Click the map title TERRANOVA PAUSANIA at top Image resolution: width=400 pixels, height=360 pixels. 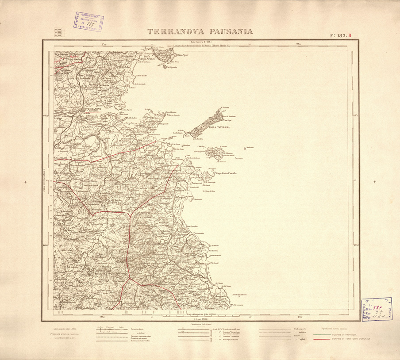point(200,31)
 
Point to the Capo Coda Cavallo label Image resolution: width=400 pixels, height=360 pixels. point(226,173)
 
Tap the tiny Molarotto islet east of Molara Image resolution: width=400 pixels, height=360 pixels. point(246,148)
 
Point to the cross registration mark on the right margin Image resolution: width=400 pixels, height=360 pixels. point(375,182)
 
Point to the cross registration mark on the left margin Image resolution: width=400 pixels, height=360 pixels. point(25,182)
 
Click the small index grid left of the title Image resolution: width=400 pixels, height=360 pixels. point(57,32)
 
